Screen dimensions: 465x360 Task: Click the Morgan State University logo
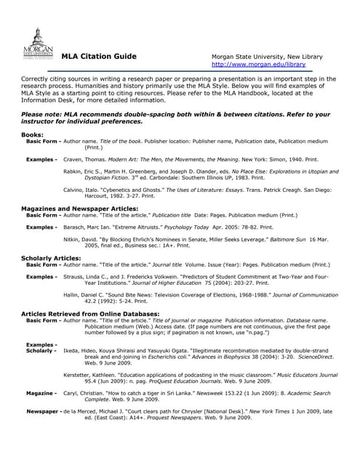(x=37, y=44)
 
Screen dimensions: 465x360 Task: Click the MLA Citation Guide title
(x=98, y=57)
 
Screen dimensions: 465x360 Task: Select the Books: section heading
(x=32, y=135)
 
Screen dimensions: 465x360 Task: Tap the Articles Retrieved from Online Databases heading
(x=90, y=312)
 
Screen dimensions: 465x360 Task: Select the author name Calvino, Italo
(x=82, y=190)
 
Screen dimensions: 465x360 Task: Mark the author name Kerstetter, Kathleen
(x=95, y=375)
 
